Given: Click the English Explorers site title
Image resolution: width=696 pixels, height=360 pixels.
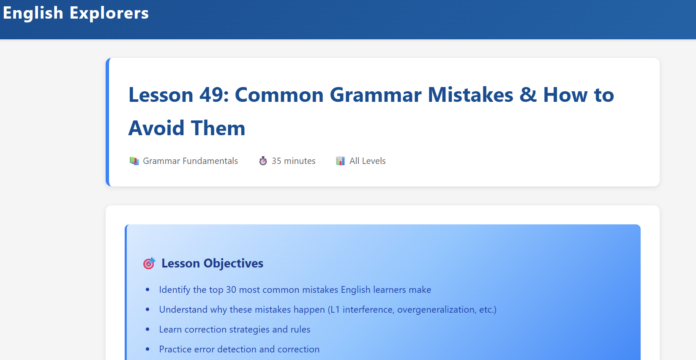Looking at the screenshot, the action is coord(76,14).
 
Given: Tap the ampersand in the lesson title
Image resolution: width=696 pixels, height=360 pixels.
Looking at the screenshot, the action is coord(528,94).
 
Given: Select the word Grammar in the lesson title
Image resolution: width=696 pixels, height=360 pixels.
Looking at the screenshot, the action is coord(375,94).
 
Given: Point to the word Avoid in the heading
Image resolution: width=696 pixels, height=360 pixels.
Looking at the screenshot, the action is coord(156,128).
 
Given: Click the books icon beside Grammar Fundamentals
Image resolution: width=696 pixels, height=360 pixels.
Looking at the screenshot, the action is coord(134,161).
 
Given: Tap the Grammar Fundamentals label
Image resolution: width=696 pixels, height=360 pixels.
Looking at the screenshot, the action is coord(190,161).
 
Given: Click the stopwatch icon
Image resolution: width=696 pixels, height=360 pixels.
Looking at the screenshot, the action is coord(263,161).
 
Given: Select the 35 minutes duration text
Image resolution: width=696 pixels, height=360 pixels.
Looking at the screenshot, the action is coord(293,161).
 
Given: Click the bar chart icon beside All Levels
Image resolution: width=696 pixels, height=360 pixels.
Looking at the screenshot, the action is coord(340,161).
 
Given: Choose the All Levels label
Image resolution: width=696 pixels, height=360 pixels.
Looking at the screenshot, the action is coord(367,161).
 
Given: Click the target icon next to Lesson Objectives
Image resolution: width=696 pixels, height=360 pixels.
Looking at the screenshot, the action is coord(149,263).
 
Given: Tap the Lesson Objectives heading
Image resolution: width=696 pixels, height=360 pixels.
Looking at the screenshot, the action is coord(212,263).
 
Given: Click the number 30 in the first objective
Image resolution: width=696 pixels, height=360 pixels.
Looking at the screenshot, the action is coord(231,289).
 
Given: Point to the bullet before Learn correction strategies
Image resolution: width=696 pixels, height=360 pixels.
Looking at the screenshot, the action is coord(147,329).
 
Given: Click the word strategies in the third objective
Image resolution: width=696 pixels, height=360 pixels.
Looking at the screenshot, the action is coord(249,329).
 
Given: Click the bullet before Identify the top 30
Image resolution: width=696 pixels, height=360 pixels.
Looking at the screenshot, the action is coord(147,289).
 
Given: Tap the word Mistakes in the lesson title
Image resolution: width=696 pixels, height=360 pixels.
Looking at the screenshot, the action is coord(470,94).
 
